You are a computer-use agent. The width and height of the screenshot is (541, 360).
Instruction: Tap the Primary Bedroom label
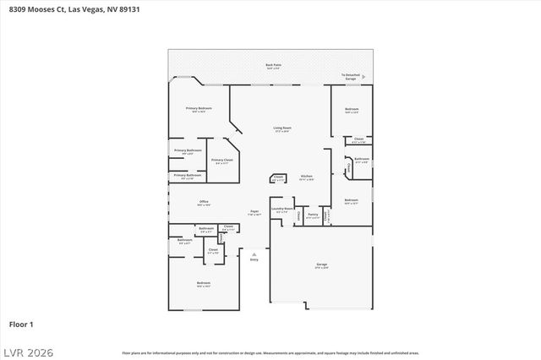199,110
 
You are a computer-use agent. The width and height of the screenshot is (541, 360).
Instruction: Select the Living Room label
281,129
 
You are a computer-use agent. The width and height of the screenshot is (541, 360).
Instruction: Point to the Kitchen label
306,177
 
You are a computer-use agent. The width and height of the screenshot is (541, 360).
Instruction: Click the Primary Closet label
222,161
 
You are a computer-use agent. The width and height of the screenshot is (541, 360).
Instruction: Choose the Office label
203,203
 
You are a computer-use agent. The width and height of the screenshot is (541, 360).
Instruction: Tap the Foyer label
254,212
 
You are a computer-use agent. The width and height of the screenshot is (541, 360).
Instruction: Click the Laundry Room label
282,210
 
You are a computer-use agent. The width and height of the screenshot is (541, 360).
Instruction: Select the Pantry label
313,215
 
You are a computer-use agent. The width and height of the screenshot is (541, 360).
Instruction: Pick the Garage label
321,265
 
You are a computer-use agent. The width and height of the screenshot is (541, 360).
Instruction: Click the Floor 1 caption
21,324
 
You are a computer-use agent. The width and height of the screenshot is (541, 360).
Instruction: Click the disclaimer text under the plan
270,352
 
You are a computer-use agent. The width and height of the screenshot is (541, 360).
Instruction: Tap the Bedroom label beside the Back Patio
352,110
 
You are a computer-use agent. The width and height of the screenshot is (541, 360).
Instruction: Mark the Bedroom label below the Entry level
203,284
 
